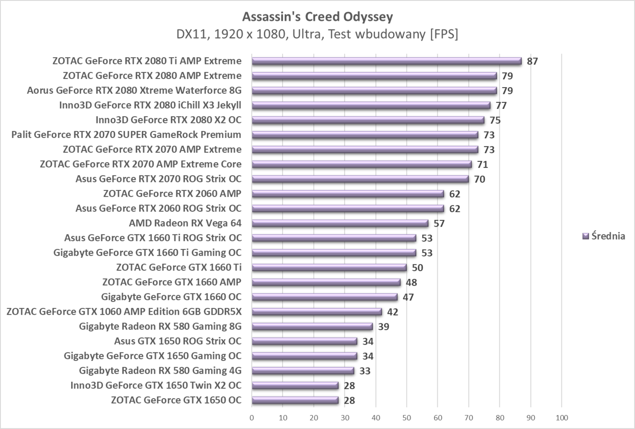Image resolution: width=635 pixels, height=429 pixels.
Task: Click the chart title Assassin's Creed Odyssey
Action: [x=317, y=17]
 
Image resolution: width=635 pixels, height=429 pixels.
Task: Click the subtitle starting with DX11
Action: [x=317, y=34]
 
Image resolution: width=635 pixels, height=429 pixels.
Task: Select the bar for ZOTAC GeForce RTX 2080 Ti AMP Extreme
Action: [x=386, y=61]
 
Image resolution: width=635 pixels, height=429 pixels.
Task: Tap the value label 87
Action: [x=532, y=61]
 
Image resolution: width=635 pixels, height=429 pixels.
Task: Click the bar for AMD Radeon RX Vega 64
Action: [x=340, y=223]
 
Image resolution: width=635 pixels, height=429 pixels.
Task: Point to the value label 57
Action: [x=439, y=224]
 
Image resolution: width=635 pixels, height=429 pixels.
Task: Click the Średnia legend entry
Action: [x=604, y=236]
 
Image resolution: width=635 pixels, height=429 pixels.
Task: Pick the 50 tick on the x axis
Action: [x=406, y=418]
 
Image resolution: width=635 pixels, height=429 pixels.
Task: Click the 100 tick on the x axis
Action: [x=562, y=418]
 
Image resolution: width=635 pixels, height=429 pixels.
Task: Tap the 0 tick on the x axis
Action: [x=252, y=418]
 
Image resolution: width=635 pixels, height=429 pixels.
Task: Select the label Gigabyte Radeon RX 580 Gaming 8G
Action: [x=160, y=327]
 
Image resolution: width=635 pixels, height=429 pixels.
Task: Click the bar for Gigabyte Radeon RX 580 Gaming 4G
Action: [x=303, y=371]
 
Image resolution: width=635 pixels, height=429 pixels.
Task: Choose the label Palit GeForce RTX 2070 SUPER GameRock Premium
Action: [x=126, y=135]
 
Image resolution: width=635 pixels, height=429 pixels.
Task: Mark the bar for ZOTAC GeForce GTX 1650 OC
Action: [x=295, y=400]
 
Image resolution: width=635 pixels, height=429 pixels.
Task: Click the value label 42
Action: [x=392, y=312]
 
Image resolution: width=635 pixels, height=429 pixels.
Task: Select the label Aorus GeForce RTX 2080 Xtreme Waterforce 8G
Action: [x=134, y=91]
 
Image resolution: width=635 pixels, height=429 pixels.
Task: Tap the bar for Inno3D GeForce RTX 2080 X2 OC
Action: [x=368, y=120]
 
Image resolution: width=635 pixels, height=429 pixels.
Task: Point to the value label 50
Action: [x=417, y=268]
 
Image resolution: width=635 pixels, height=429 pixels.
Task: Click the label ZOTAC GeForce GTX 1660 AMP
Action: [x=172, y=282]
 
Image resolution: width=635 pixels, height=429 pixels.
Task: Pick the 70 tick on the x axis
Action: [x=469, y=418]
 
